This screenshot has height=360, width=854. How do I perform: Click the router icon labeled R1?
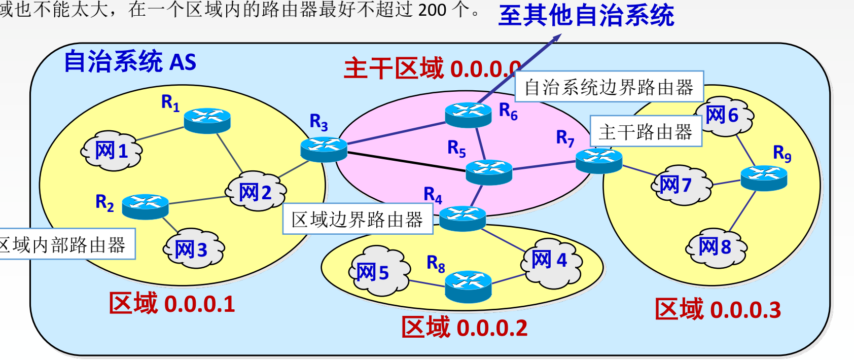[207, 121]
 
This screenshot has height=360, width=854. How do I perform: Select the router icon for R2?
[145, 206]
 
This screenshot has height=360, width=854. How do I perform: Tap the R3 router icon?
[324, 149]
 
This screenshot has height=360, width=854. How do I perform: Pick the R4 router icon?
[462, 218]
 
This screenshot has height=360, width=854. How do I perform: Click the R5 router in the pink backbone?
[489, 172]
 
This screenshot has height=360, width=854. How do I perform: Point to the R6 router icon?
[468, 115]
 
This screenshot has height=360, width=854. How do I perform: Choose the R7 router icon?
[599, 161]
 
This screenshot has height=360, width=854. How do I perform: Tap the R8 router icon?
[468, 286]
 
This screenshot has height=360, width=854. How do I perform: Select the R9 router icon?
[764, 178]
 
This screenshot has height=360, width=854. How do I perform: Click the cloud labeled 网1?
[112, 151]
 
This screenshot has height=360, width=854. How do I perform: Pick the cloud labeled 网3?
[193, 249]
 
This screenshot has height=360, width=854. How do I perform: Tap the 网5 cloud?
[378, 271]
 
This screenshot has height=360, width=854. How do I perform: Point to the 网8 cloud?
[716, 247]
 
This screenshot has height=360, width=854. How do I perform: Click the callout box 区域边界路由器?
[358, 219]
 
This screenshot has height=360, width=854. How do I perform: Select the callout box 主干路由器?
[646, 132]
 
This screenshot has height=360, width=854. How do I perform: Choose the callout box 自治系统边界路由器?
[609, 87]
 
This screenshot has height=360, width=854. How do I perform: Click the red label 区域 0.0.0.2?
[464, 328]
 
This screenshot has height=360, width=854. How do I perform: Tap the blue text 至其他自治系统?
[586, 15]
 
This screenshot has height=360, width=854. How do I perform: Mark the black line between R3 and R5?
[406, 162]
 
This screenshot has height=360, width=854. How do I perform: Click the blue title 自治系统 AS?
[130, 62]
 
